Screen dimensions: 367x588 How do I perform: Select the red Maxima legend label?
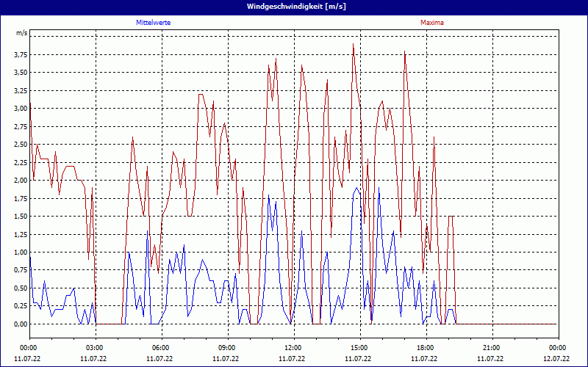click(x=431, y=23)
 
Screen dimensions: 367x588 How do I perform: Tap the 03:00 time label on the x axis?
click(x=95, y=348)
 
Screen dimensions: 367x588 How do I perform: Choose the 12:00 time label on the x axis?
click(x=293, y=348)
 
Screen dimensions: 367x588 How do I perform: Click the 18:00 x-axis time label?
click(x=426, y=348)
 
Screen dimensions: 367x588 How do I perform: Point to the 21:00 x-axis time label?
click(x=492, y=348)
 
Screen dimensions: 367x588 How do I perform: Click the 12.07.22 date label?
click(x=556, y=359)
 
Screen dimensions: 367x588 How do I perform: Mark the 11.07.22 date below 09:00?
click(x=227, y=359)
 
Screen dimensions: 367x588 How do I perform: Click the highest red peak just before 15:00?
click(x=354, y=44)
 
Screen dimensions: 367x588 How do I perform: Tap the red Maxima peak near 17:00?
click(x=405, y=51)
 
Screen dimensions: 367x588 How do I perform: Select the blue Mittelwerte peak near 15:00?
click(x=357, y=188)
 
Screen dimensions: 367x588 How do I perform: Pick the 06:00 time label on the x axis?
click(x=161, y=348)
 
